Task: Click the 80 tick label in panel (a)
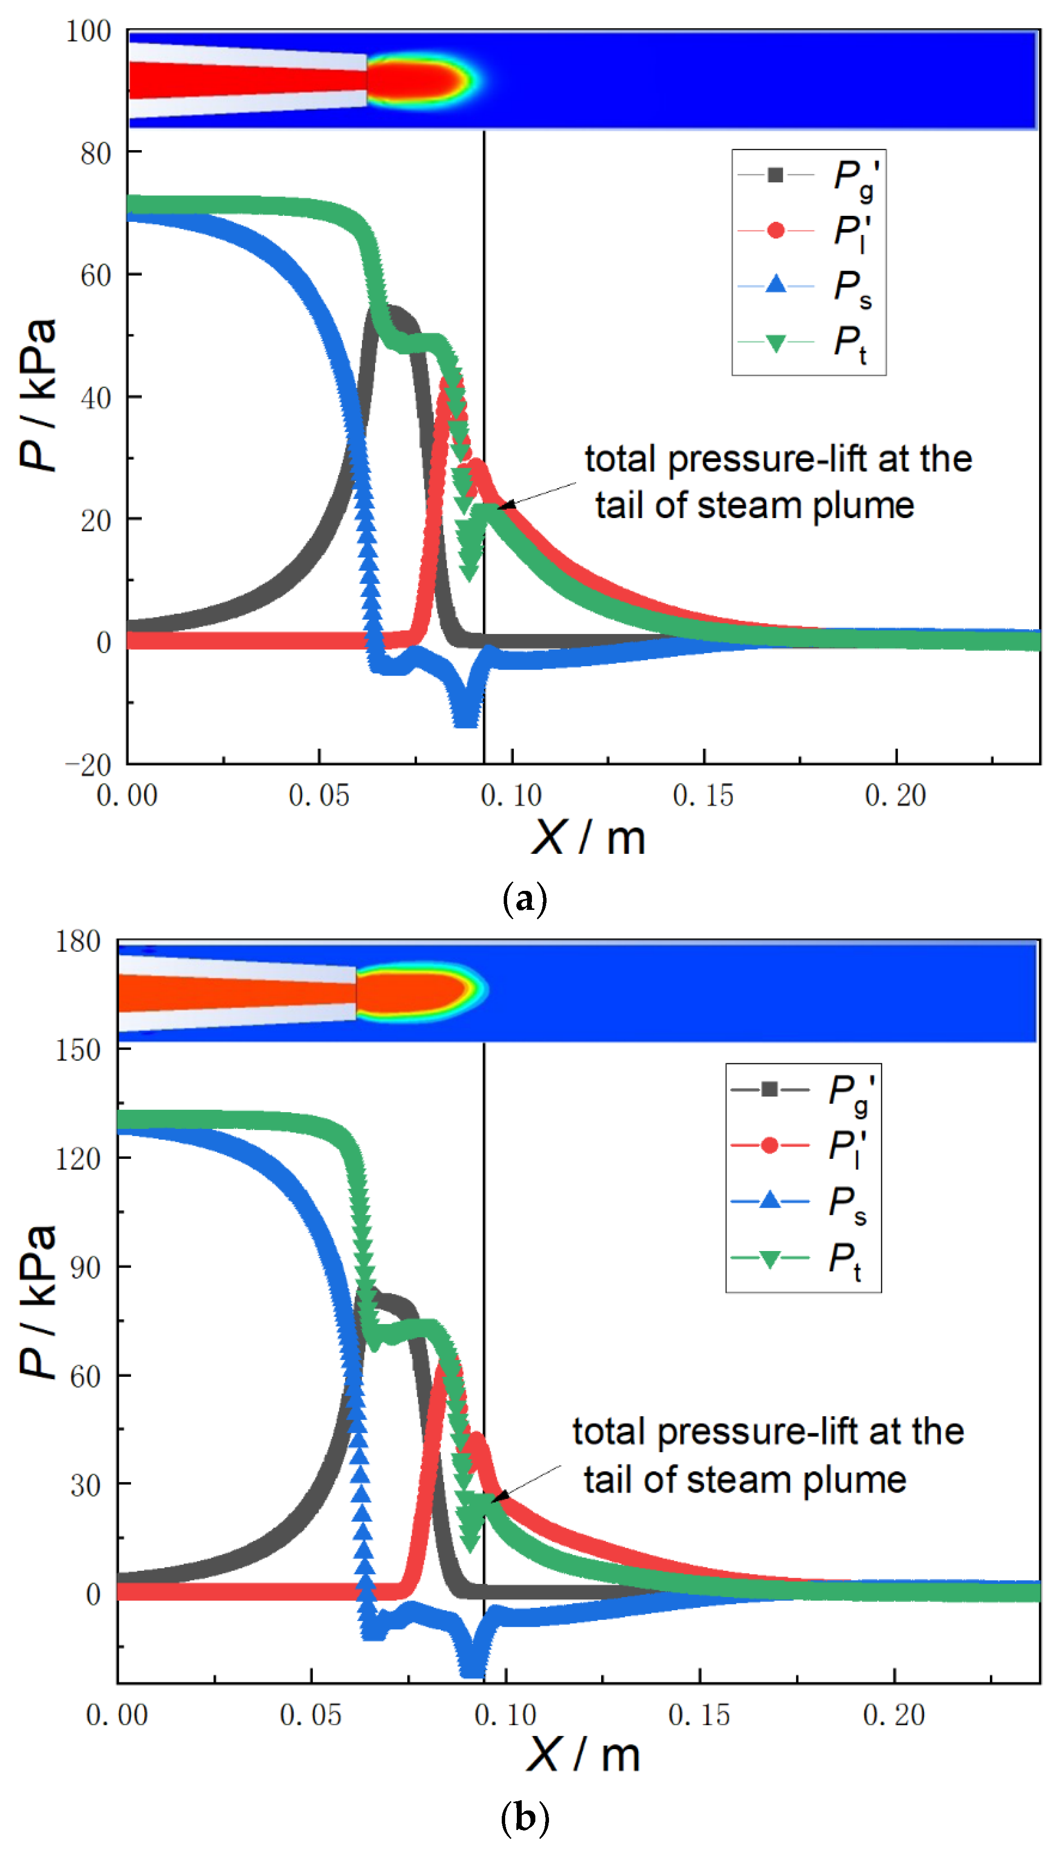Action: (x=95, y=154)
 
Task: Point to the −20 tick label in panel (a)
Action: (x=88, y=765)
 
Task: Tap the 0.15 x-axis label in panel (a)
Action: (x=703, y=795)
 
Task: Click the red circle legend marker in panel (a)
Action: (x=776, y=231)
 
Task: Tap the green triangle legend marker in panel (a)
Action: (x=776, y=343)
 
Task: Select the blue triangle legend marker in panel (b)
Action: (x=770, y=1201)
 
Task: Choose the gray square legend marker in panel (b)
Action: (x=770, y=1089)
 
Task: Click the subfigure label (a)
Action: (x=524, y=899)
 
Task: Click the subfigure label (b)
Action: (x=524, y=1818)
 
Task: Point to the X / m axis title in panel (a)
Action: (x=588, y=837)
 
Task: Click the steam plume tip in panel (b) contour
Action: (x=486, y=988)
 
